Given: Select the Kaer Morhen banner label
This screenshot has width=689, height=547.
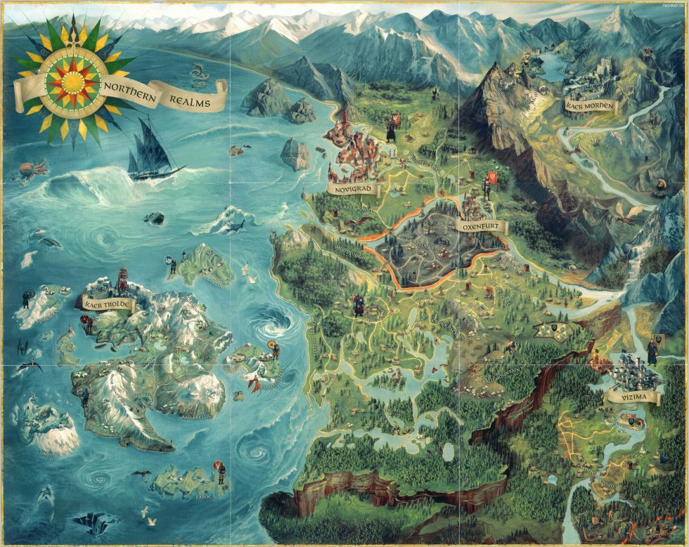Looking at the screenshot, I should click(x=589, y=107).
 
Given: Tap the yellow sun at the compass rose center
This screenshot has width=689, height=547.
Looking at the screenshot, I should click(x=72, y=82).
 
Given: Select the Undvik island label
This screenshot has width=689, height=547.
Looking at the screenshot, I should click(x=47, y=443).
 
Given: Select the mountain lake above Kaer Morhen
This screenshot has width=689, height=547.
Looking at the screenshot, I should click(x=553, y=67).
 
